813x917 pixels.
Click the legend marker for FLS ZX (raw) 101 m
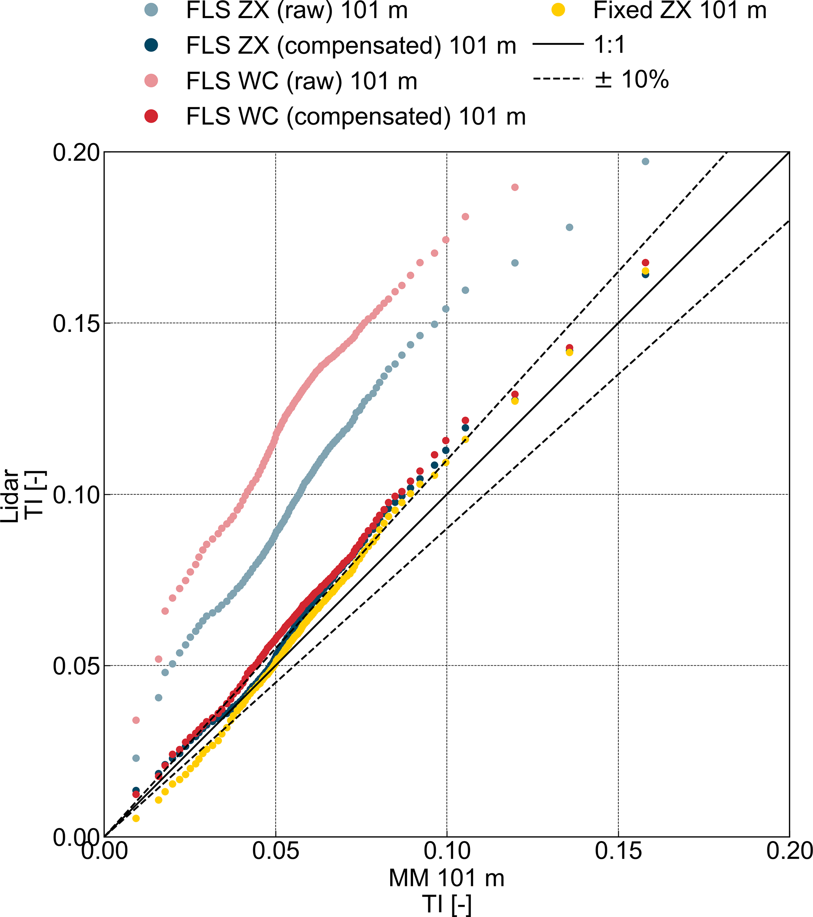[x=152, y=10]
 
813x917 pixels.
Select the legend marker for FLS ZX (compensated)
[x=152, y=45]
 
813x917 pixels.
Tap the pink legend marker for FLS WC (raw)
[x=152, y=81]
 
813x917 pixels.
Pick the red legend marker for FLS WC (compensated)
[x=152, y=116]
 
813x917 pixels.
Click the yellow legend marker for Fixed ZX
[x=558, y=10]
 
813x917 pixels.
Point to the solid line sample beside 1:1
[x=558, y=44]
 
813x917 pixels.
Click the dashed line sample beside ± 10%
[x=558, y=79]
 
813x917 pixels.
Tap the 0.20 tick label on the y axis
[x=76, y=153]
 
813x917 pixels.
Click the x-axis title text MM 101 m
[x=446, y=878]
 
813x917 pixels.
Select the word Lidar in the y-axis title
[x=10, y=496]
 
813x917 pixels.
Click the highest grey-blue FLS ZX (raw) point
[x=645, y=162]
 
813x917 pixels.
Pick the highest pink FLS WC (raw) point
[x=515, y=187]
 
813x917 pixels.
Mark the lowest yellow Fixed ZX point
[x=136, y=818]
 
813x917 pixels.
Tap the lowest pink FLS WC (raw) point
[x=136, y=720]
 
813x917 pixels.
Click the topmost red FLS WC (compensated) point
[x=645, y=262]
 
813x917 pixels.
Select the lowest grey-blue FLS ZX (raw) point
[x=136, y=758]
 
